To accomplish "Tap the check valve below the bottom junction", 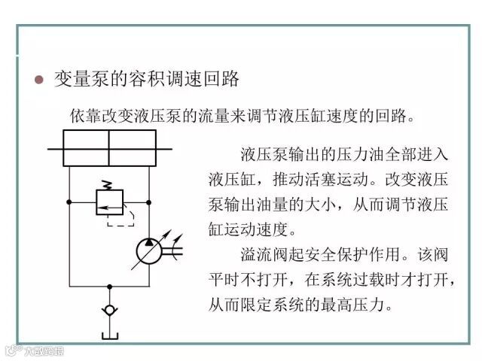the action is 110,309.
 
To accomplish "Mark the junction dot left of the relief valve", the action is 69,202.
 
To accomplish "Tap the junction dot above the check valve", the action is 110,287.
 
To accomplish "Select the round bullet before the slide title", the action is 41,79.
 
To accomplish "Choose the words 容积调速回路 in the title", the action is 182,78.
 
